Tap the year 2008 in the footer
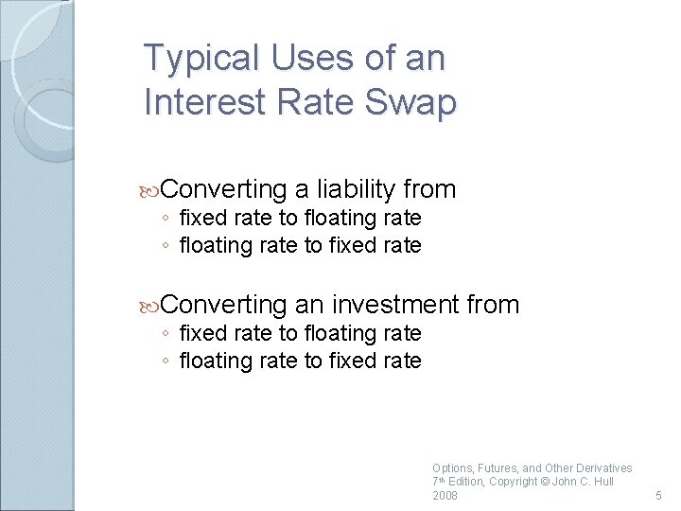coord(445,496)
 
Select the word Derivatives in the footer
coord(599,468)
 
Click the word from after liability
coord(428,189)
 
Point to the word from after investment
coord(493,304)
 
